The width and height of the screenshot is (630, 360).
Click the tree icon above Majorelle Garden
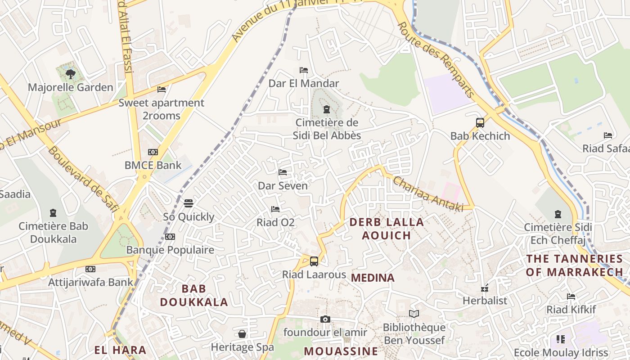click(70, 74)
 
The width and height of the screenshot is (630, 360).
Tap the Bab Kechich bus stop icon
click(480, 122)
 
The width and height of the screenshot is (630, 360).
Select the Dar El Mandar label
click(304, 83)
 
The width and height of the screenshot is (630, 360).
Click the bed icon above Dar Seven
click(283, 172)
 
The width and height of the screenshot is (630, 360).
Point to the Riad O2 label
click(275, 222)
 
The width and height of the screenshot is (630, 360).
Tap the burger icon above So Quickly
click(189, 203)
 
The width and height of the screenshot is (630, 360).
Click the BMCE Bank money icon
click(153, 152)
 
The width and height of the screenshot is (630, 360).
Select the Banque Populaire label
click(170, 250)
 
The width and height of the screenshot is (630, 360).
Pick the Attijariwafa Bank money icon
click(90, 269)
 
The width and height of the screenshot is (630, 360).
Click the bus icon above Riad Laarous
click(314, 261)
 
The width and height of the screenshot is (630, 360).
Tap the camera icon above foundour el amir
click(325, 319)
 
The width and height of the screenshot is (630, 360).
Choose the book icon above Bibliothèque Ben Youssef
click(414, 314)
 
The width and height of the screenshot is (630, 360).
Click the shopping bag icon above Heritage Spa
click(242, 334)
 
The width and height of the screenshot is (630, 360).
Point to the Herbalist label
click(485, 300)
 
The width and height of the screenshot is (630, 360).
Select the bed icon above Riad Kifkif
click(571, 297)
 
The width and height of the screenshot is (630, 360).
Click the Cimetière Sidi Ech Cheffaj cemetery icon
click(558, 214)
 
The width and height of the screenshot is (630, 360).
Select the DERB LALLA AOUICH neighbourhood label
click(387, 229)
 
